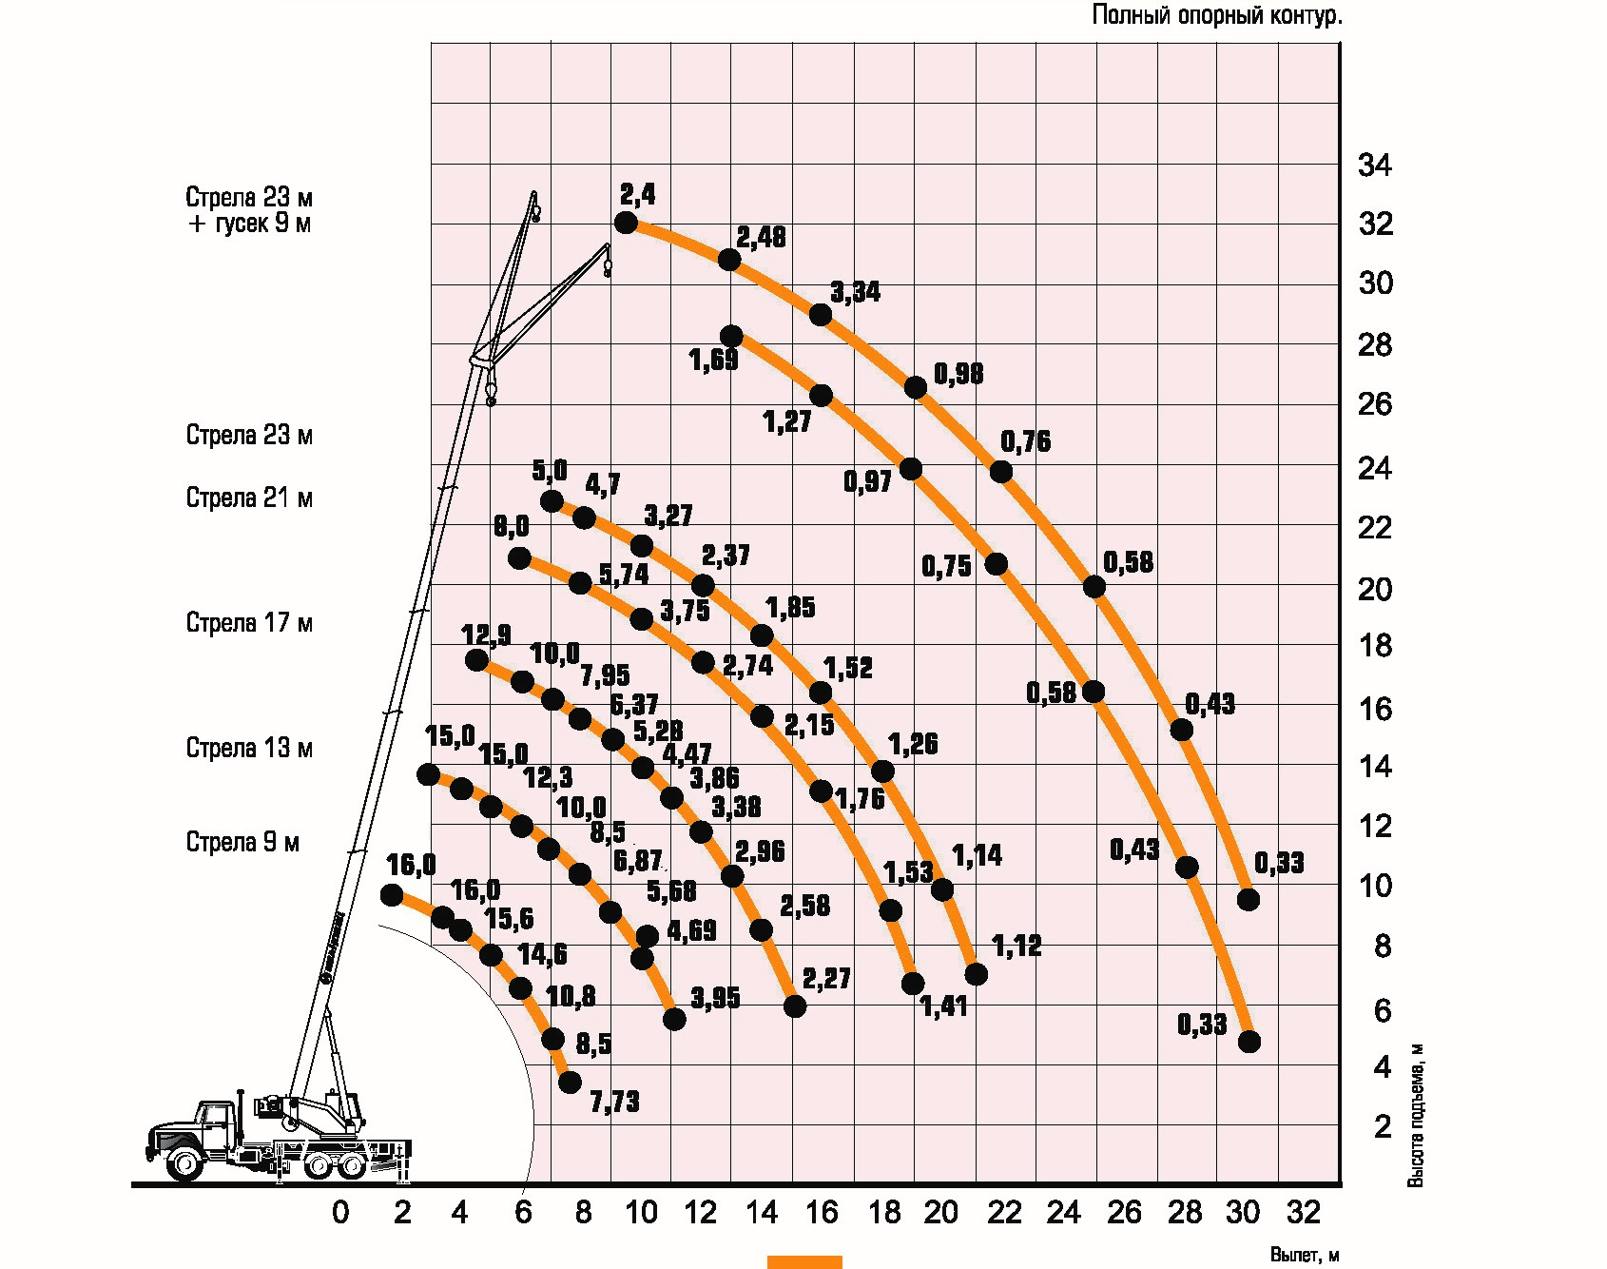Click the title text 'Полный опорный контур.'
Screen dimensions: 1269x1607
(x=1216, y=16)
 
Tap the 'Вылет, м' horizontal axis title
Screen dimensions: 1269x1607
(x=1305, y=1256)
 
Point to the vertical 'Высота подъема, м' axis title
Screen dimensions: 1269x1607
(x=1416, y=1114)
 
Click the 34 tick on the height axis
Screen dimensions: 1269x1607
(x=1374, y=166)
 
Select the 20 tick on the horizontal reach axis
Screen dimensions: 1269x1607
(x=940, y=1212)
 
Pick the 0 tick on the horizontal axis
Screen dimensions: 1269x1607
(x=340, y=1212)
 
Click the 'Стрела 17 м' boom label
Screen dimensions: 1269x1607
(x=249, y=623)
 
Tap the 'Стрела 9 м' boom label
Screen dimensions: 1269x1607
(x=242, y=842)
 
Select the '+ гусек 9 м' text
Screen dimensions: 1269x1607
(x=249, y=225)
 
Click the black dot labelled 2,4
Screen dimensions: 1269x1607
(x=626, y=223)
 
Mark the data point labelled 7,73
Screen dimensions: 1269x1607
(x=570, y=1082)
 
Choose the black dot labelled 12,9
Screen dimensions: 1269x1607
(x=477, y=660)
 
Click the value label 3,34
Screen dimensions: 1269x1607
(x=856, y=292)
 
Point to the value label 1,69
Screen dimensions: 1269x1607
(x=713, y=361)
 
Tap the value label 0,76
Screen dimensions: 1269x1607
(x=1026, y=441)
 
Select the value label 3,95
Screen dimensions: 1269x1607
(x=715, y=998)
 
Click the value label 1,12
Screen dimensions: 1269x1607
(x=1016, y=946)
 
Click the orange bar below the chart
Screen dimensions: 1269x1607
(x=804, y=1261)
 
